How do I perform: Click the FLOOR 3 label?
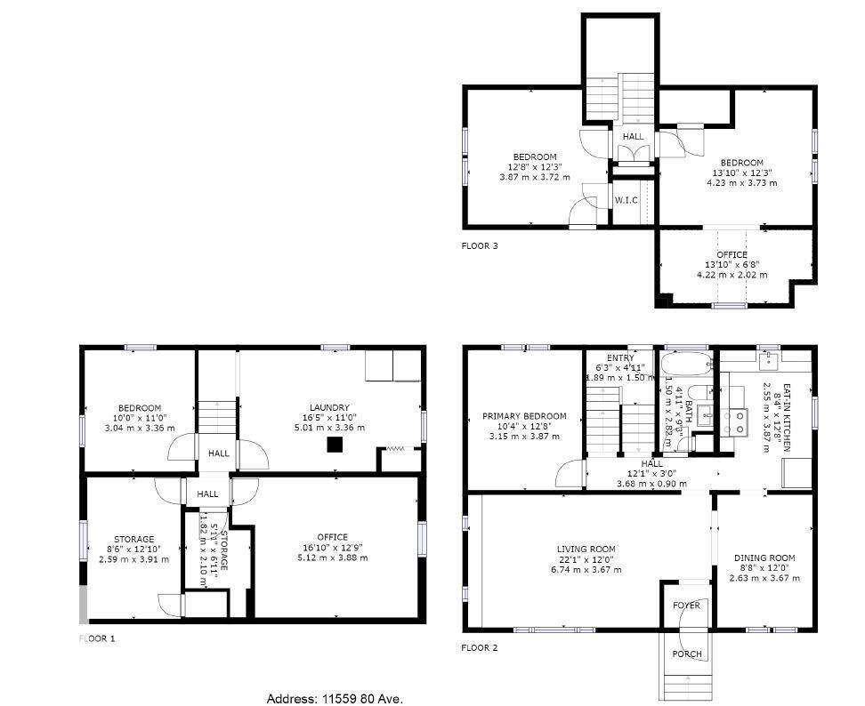pos(480,245)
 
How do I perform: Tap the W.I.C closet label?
pos(626,200)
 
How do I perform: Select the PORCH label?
pos(687,654)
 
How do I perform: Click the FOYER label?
pos(686,606)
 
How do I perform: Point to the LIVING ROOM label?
pos(586,549)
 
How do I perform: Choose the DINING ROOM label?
pos(764,558)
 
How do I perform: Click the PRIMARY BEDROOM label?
pos(524,416)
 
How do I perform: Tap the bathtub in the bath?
pos(686,364)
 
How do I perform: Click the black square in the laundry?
pos(335,445)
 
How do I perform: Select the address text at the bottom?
pos(341,700)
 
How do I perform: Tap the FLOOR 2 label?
pos(479,648)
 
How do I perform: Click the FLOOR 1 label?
pos(98,638)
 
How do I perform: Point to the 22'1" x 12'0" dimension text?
pos(586,559)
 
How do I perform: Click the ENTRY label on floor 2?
pos(620,358)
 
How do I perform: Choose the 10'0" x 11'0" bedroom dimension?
pos(138,418)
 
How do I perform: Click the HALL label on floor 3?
pos(633,136)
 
